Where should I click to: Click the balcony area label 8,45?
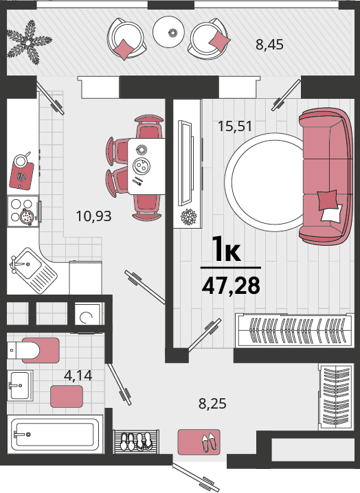[x=269, y=45]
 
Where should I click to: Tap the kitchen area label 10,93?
[x=93, y=216]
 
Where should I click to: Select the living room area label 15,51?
[x=235, y=126]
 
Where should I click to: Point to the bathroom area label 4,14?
[x=78, y=375]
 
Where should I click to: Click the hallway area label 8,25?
[x=212, y=403]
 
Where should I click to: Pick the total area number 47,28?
[x=231, y=286]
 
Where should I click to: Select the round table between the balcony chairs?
[x=169, y=32]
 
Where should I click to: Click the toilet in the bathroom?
[x=33, y=350]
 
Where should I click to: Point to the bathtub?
[x=56, y=434]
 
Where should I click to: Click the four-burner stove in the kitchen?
[x=23, y=211]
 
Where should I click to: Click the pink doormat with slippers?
[x=199, y=442]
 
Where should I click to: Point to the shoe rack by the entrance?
[x=136, y=442]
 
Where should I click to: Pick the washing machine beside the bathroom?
[x=88, y=314]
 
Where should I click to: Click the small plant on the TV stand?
[x=188, y=216]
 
